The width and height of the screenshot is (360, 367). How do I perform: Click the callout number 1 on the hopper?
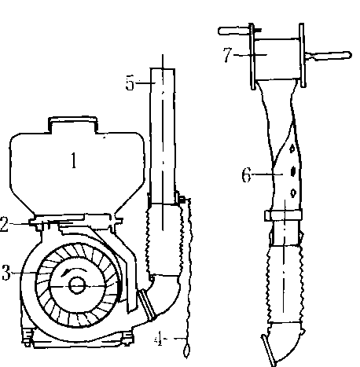pyautogui.click(x=74, y=160)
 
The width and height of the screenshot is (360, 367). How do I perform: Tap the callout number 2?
pyautogui.click(x=4, y=224)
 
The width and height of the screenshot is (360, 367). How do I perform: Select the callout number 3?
pyautogui.click(x=6, y=273)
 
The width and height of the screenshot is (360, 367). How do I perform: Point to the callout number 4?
pyautogui.click(x=158, y=339)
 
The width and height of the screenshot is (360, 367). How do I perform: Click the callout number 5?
pyautogui.click(x=130, y=83)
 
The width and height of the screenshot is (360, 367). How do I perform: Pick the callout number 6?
pyautogui.click(x=246, y=175)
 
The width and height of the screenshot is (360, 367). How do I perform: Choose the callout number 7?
pyautogui.click(x=227, y=55)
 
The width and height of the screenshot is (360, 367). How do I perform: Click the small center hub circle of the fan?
pyautogui.click(x=77, y=285)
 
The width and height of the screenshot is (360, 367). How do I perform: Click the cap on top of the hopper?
pyautogui.click(x=72, y=124)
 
